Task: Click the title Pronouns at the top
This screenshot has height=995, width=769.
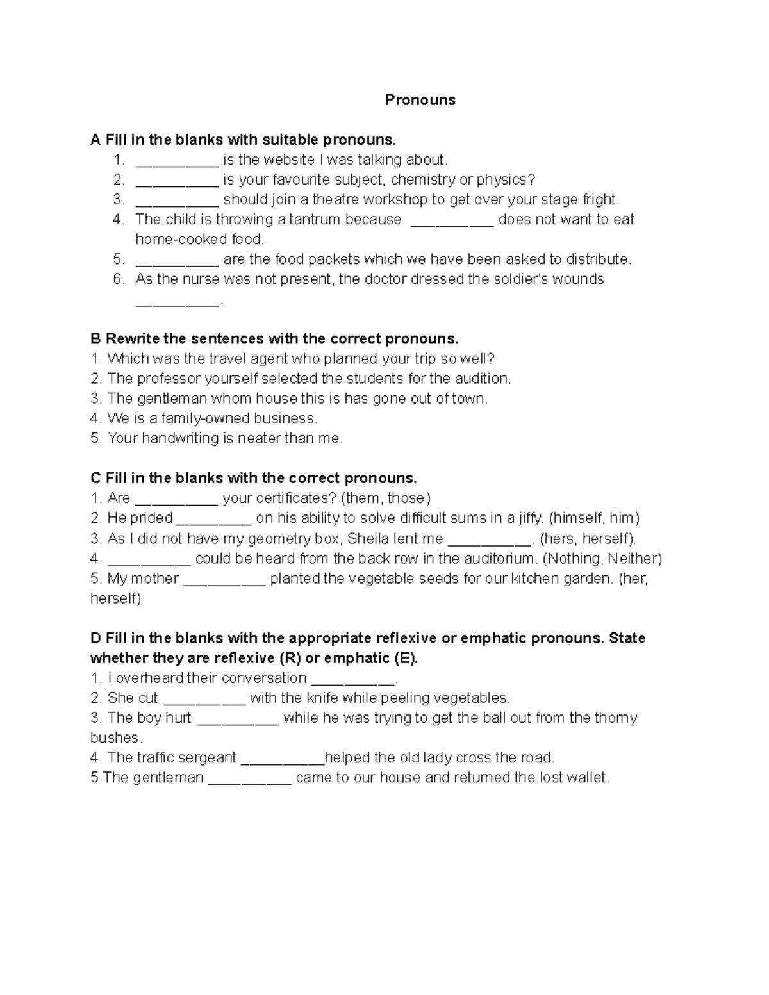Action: pos(420,100)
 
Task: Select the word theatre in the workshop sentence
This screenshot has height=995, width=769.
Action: pos(336,199)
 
